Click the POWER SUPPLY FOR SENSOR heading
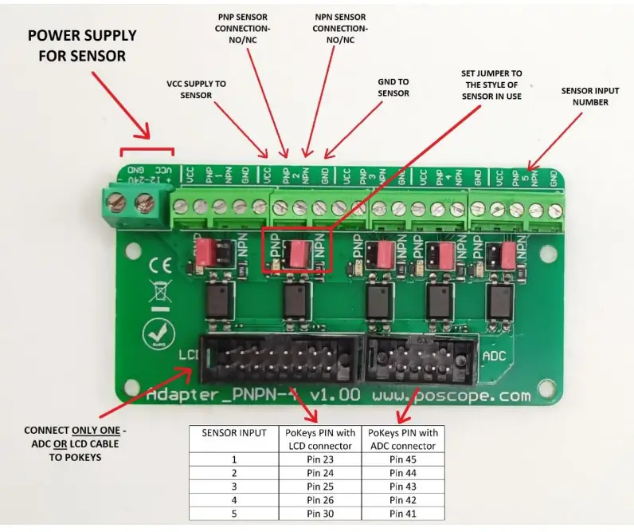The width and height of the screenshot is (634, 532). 83,46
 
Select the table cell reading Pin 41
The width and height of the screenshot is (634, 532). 403,512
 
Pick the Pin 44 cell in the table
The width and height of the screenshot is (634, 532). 403,472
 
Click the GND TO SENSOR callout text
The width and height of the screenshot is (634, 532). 393,88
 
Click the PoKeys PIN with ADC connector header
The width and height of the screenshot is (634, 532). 403,439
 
